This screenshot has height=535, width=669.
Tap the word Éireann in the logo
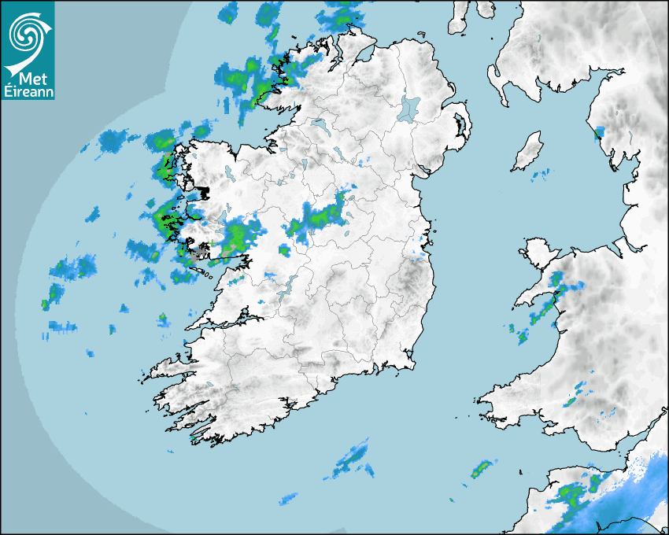(x=28, y=93)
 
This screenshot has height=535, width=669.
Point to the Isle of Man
(x=528, y=151)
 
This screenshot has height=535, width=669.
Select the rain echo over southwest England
(x=573, y=496)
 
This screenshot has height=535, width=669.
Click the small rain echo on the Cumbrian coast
(x=600, y=131)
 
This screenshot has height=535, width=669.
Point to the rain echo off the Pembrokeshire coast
(x=479, y=470)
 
